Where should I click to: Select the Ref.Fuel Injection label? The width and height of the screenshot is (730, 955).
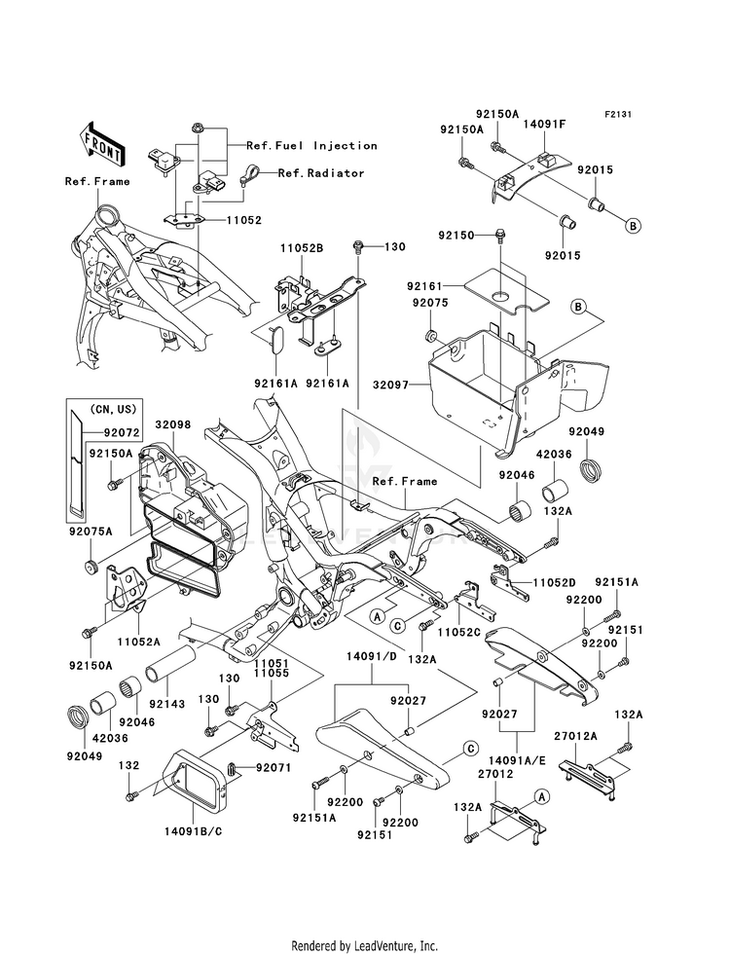311,146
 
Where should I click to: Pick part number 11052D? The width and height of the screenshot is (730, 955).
553,583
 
